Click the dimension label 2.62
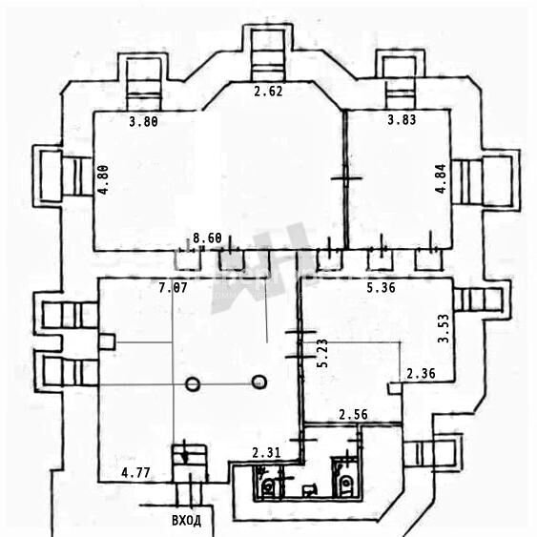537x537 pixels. tap(268, 92)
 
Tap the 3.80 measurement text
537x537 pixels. tap(143, 121)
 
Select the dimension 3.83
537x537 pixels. tap(402, 120)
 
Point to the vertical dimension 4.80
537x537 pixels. tap(103, 180)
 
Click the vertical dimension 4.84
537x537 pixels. tap(441, 178)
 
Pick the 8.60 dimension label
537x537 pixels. tap(207, 238)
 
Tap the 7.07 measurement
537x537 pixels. tap(173, 288)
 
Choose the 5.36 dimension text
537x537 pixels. tap(381, 288)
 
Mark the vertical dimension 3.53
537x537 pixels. tap(444, 328)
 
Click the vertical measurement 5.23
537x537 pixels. tap(322, 353)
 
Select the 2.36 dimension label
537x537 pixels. tap(421, 373)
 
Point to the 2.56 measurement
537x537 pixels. tap(354, 415)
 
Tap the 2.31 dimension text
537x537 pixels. tap(266, 453)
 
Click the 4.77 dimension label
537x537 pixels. tap(135, 473)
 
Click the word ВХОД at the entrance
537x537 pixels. tap(186, 521)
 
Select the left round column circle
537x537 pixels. tap(193, 384)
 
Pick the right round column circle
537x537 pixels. tap(259, 382)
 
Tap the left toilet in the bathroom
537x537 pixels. tap(268, 485)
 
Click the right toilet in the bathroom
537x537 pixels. tap(346, 483)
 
